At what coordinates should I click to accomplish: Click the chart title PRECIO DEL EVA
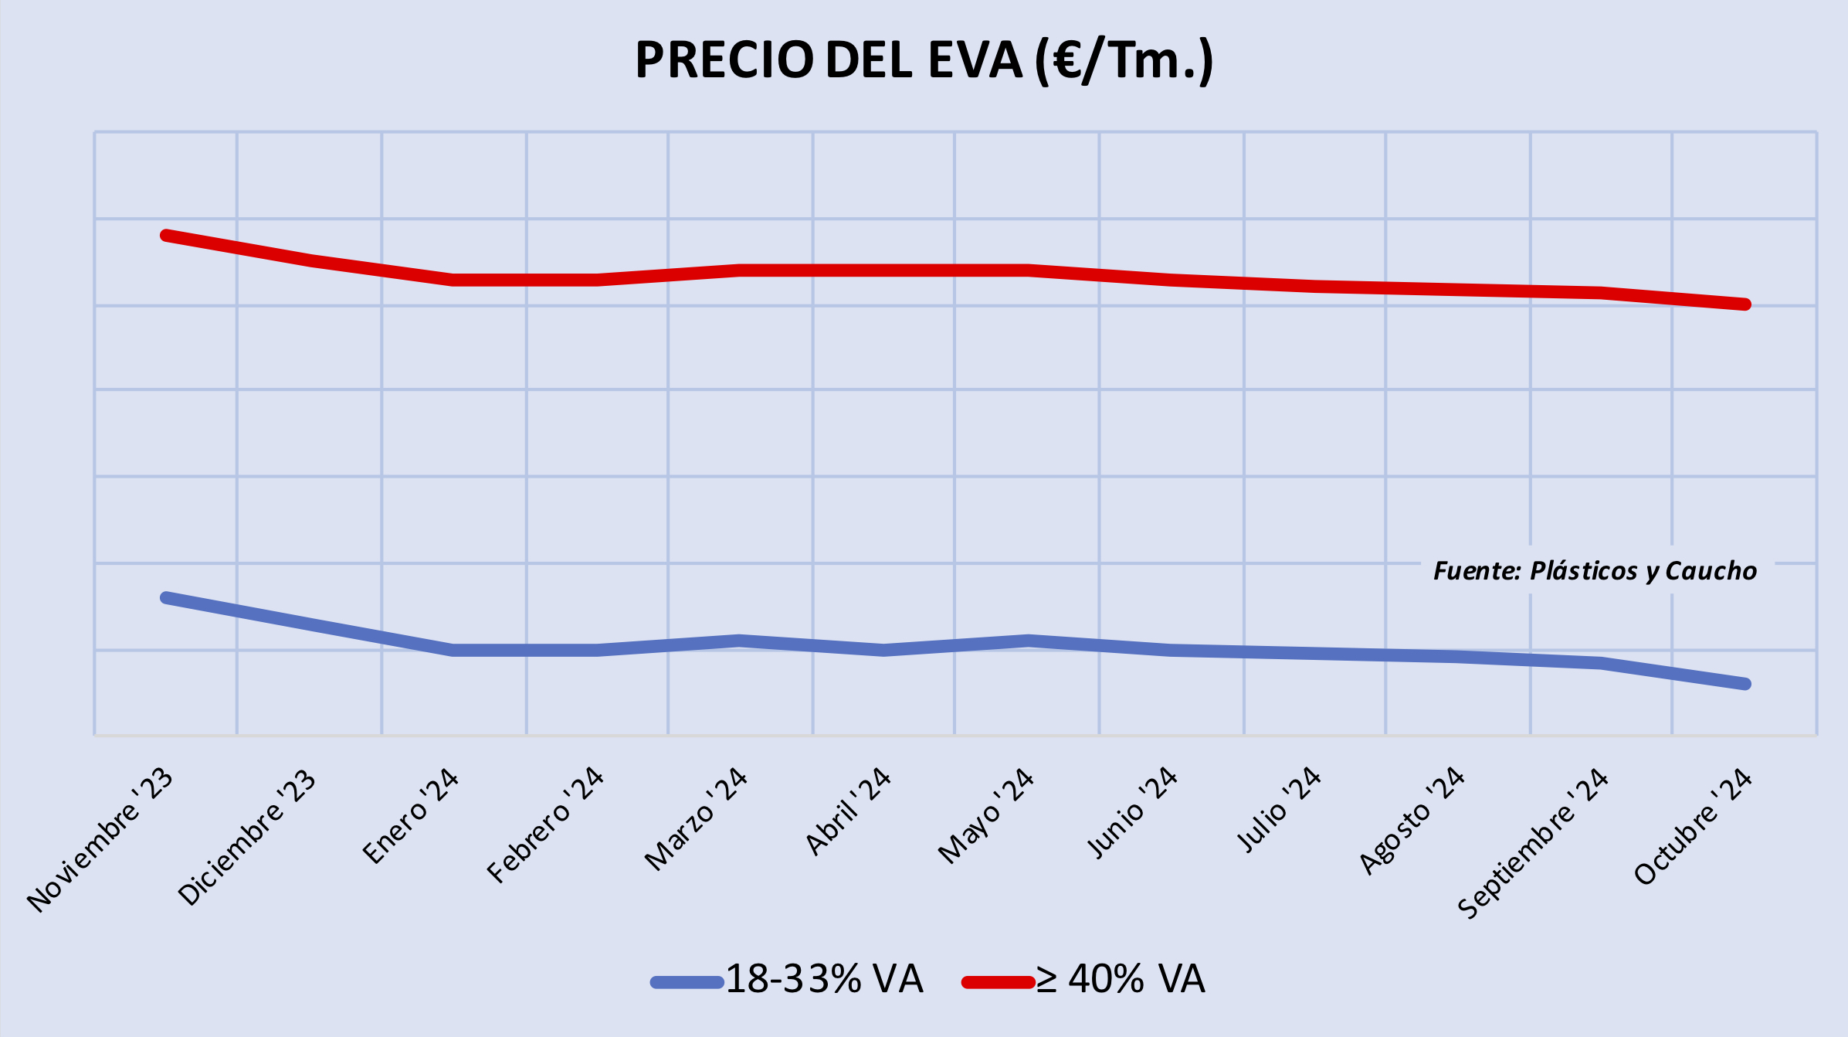coord(924,60)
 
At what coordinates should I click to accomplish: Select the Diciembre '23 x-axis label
coord(247,838)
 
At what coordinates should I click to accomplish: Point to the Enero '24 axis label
coord(411,816)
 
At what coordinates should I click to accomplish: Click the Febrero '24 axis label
coord(545,825)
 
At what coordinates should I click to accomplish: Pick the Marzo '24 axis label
coord(697,819)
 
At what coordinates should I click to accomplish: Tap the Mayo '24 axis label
coord(986,816)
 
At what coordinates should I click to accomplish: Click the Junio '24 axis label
coord(1132,813)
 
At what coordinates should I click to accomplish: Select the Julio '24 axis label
coord(1280,810)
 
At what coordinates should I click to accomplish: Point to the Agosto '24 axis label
coord(1412,821)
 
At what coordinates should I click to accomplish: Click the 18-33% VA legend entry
coord(788,980)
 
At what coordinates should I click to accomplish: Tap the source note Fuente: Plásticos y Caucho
coord(1595,571)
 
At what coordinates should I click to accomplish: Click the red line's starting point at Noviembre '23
coord(166,235)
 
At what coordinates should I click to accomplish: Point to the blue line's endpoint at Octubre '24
coord(1745,684)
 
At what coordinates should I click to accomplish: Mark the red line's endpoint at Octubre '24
coord(1745,304)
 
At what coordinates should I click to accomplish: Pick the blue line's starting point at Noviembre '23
coord(166,597)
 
